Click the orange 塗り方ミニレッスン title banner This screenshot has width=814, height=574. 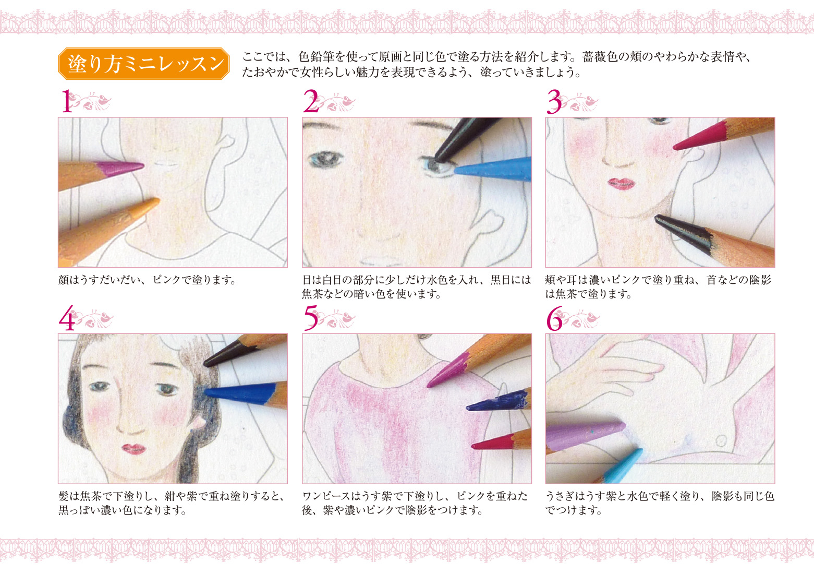point(143,64)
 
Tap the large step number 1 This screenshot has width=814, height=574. point(66,101)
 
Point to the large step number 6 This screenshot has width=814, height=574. point(554,318)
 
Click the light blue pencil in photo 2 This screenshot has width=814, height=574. point(493,170)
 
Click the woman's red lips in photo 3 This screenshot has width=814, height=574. point(621,184)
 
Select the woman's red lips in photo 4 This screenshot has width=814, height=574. point(133,449)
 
